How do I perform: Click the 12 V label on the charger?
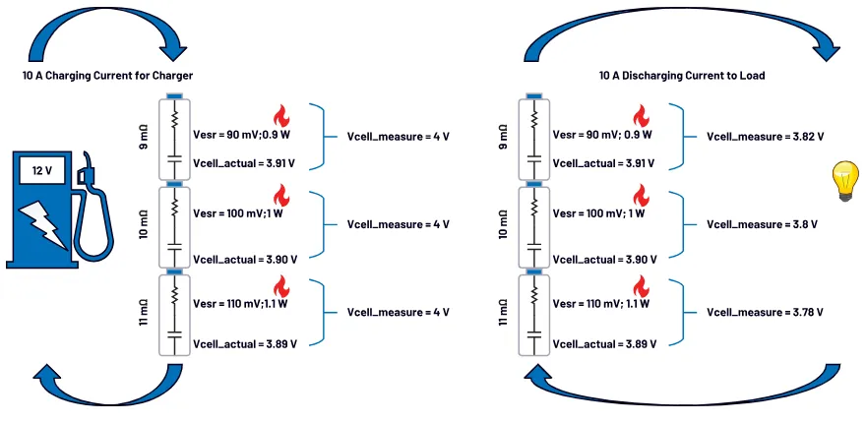coord(42,170)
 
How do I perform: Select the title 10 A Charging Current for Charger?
coord(107,75)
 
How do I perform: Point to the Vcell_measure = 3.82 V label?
coord(765,136)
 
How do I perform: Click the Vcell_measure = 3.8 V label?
coord(761,224)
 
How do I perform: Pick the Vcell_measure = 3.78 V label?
coord(765,312)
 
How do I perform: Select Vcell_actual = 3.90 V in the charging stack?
coord(244,259)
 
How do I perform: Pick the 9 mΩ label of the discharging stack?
coord(505,138)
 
